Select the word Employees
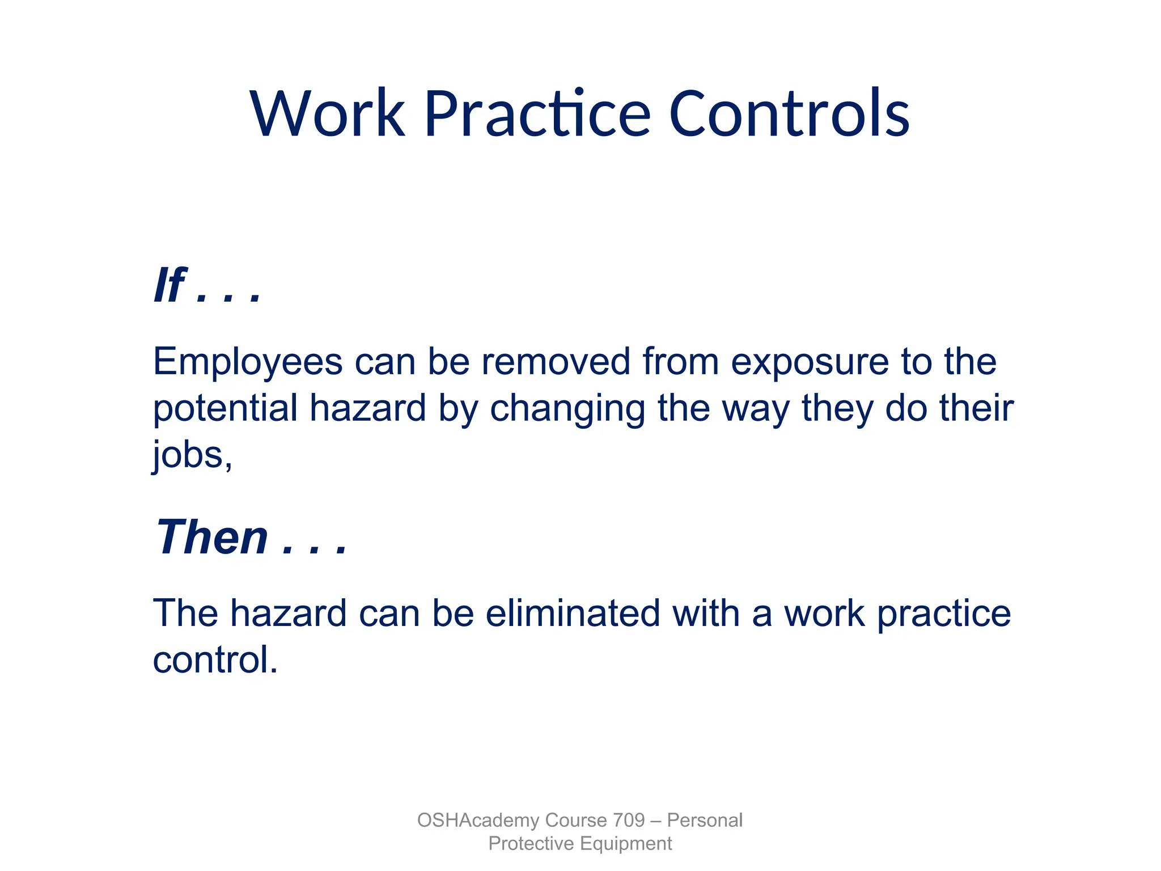coord(248,362)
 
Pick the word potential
coord(225,409)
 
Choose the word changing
coord(567,409)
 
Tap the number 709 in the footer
coord(629,820)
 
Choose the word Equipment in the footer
coord(626,844)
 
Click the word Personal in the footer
coord(705,820)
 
